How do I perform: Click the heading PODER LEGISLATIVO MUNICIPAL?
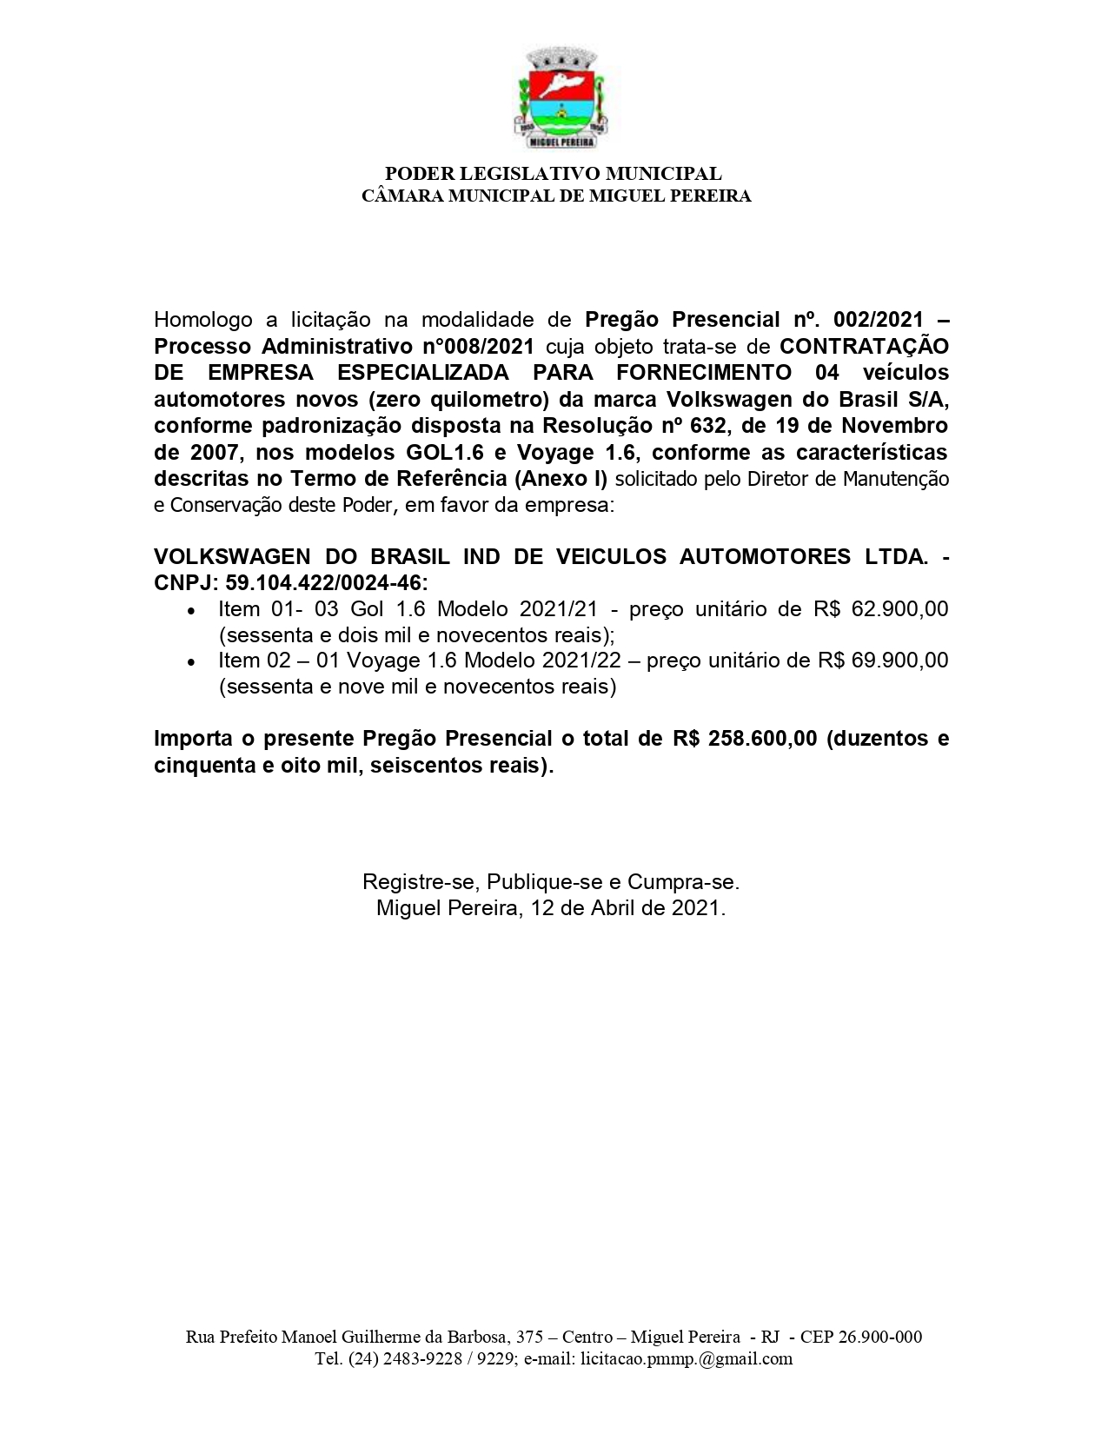tap(554, 174)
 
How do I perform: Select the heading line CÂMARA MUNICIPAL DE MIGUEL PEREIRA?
tap(556, 196)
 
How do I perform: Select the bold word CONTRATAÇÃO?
tap(864, 346)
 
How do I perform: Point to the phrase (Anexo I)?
tap(566, 479)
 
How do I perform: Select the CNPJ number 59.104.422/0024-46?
tap(326, 582)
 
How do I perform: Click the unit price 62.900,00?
tap(900, 608)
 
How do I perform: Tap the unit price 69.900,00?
tap(900, 660)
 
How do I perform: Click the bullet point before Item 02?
tap(191, 662)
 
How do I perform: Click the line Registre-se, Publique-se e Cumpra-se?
tap(551, 882)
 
